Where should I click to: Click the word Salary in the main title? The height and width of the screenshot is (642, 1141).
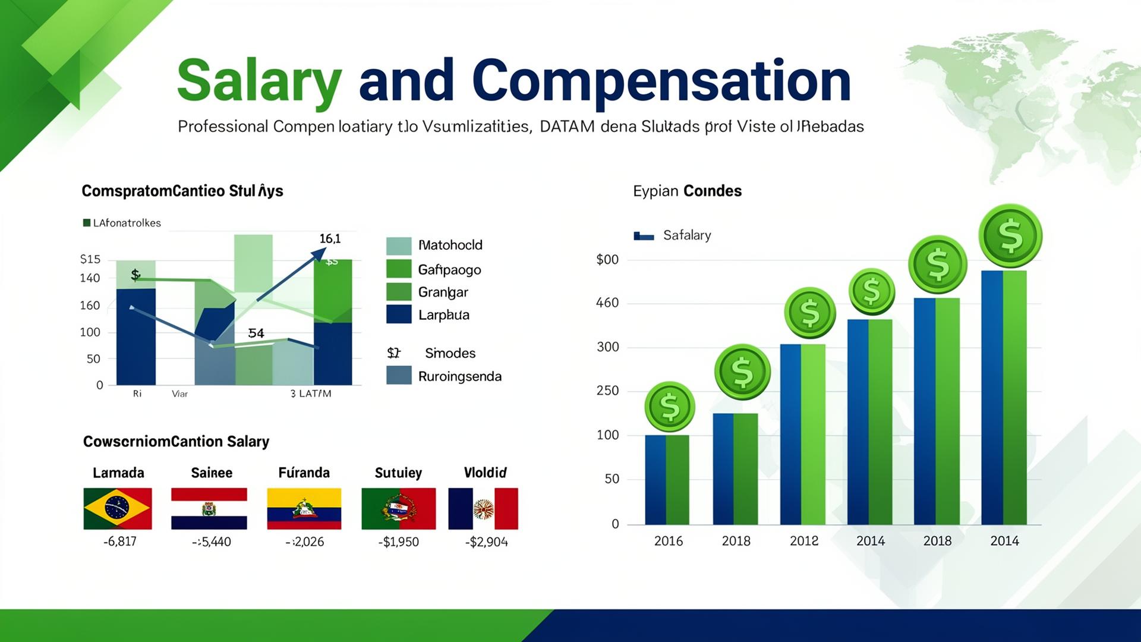259,82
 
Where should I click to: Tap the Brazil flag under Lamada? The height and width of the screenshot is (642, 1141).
118,509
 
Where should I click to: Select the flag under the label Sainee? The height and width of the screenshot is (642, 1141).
209,509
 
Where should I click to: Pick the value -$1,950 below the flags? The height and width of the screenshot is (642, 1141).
398,542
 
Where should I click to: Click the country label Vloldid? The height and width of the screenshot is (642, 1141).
485,473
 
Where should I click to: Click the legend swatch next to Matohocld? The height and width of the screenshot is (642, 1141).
399,246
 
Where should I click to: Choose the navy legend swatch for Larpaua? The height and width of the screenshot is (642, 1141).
399,314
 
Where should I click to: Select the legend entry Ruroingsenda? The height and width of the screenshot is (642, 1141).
459,376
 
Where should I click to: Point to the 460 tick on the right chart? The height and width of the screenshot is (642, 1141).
607,303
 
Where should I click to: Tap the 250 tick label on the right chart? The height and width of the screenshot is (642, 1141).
607,391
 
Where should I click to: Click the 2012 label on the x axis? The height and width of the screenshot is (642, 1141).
803,541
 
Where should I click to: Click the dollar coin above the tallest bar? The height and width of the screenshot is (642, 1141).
1010,236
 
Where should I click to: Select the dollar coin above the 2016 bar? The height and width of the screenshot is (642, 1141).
670,407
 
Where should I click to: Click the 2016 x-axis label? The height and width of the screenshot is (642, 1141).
669,541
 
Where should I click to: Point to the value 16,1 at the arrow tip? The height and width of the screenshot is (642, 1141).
330,239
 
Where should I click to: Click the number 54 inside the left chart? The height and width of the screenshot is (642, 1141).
256,333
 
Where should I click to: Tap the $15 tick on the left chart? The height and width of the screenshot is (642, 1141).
90,259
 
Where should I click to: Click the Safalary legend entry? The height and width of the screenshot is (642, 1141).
686,235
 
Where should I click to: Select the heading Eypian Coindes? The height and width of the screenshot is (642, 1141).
687,191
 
